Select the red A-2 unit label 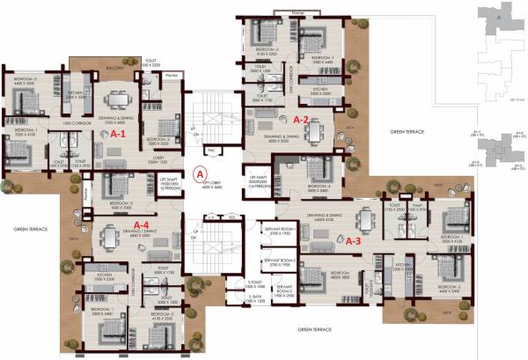(301, 119)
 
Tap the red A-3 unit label (354, 239)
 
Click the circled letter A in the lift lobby (200, 174)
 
